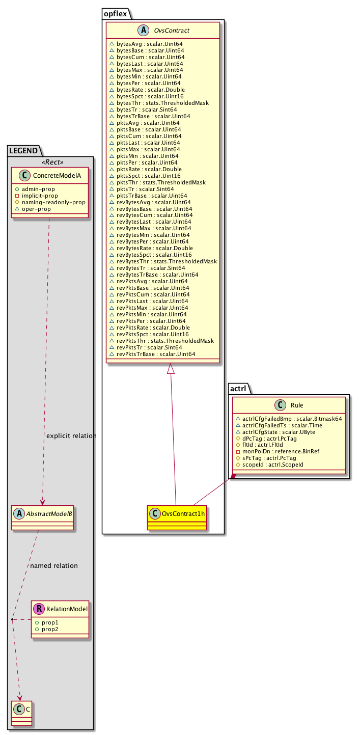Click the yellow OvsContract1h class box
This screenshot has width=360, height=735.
(x=177, y=517)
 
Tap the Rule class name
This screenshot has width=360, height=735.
(x=297, y=405)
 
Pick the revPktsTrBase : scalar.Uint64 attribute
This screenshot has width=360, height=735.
(x=156, y=354)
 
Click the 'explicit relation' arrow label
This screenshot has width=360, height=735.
(x=71, y=436)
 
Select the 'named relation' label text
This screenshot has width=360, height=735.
(x=54, y=565)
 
